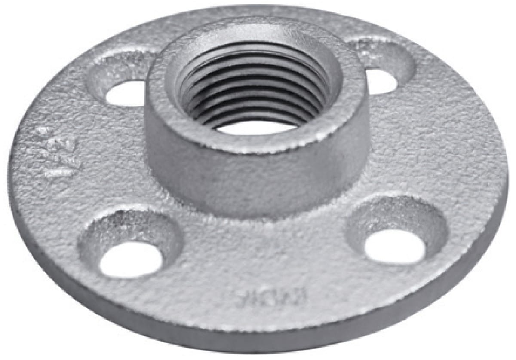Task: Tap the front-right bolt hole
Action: pos(395,246)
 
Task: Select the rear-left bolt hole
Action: pos(126,93)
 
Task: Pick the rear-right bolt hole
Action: pos(381,81)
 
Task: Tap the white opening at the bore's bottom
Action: pos(254,127)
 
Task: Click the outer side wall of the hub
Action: pos(258,180)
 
